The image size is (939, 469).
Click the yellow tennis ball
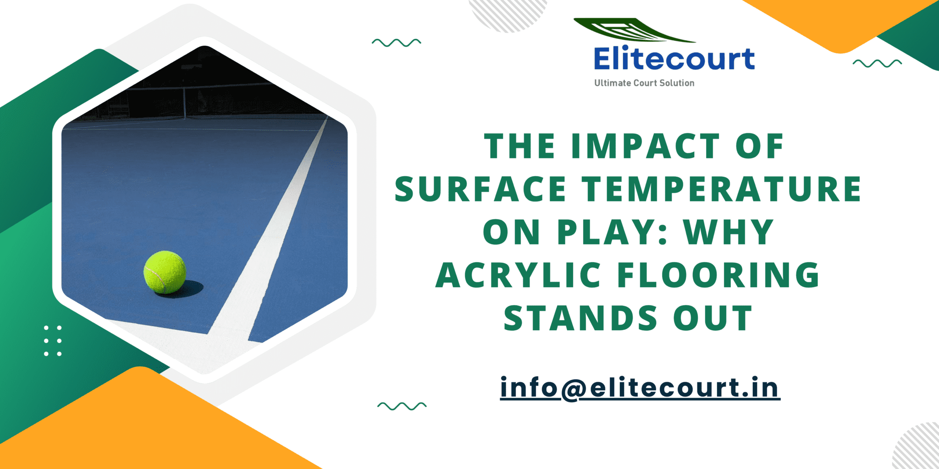click(165, 272)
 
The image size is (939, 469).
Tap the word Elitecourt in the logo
click(674, 59)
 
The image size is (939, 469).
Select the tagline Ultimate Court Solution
click(644, 83)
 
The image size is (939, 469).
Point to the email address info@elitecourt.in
click(640, 387)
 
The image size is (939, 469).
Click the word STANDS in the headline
click(580, 318)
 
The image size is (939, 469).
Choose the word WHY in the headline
click(729, 232)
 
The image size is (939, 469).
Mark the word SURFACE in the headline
click(480, 189)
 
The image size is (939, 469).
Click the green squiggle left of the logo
click(396, 43)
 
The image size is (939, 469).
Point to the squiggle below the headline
click(402, 406)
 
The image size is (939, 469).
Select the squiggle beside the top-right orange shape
click(877, 63)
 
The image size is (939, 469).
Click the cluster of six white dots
click(53, 341)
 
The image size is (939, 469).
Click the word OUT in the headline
click(713, 318)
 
